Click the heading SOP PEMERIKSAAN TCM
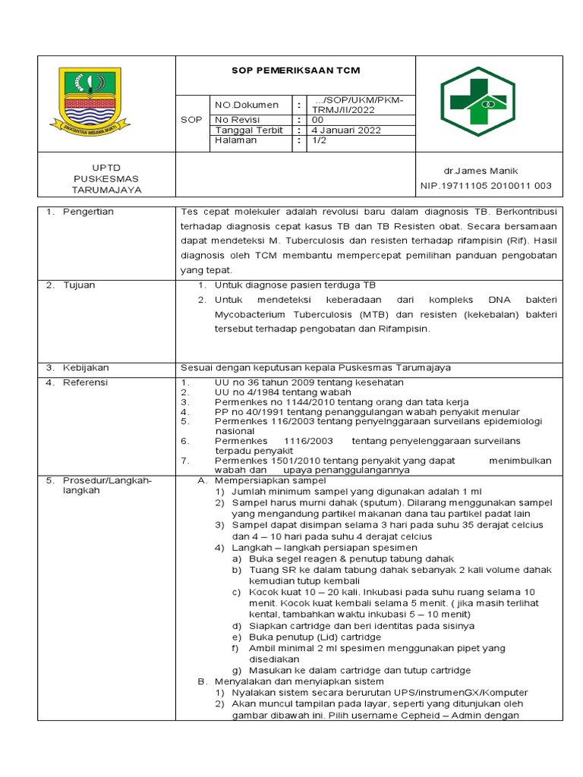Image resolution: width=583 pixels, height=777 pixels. point(295,71)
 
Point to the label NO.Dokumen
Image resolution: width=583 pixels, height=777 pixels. point(247,105)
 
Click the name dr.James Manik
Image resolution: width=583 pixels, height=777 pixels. point(486,171)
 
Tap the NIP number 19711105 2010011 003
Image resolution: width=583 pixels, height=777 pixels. point(486,186)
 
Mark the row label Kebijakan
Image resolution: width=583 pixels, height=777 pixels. point(85,367)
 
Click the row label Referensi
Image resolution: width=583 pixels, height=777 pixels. point(86,382)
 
